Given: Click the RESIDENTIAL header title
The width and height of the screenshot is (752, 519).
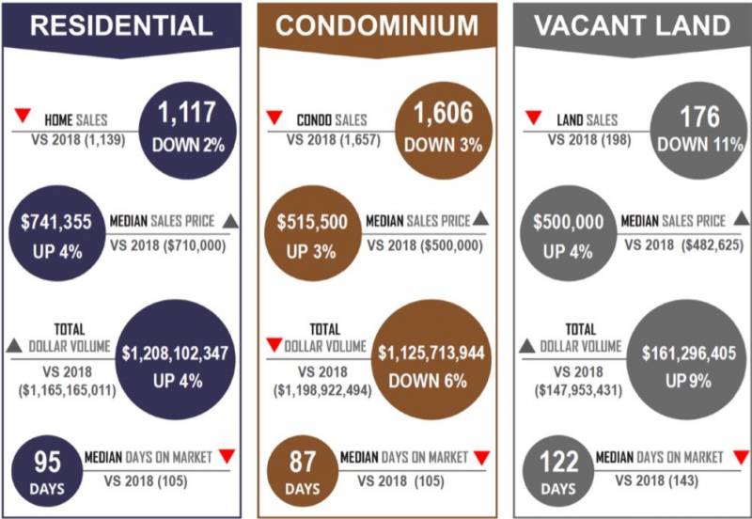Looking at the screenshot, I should (120, 26).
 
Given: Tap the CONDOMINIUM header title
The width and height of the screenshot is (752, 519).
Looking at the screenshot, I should (377, 26).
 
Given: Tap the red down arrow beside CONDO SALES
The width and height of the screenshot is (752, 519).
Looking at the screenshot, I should (274, 118).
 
